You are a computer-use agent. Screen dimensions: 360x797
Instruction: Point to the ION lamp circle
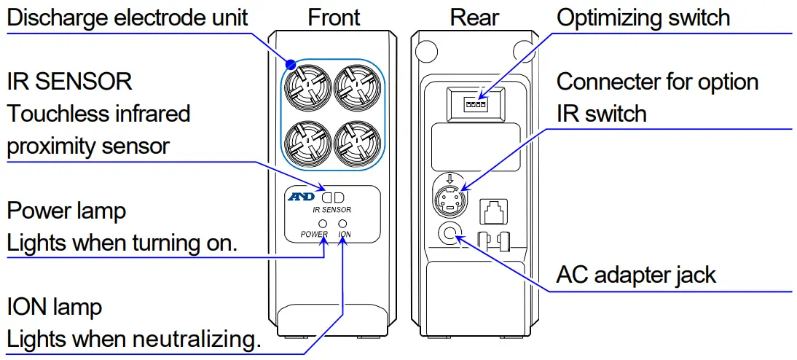pos(343,223)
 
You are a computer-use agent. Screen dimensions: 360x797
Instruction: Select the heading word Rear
pos(474,17)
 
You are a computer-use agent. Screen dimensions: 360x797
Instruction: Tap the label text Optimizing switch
pos(643,17)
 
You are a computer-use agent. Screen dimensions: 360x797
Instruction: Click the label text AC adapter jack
pos(636,275)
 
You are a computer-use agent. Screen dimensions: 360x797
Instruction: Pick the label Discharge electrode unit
pos(127,17)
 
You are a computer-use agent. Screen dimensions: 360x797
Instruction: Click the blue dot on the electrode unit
pos(290,65)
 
